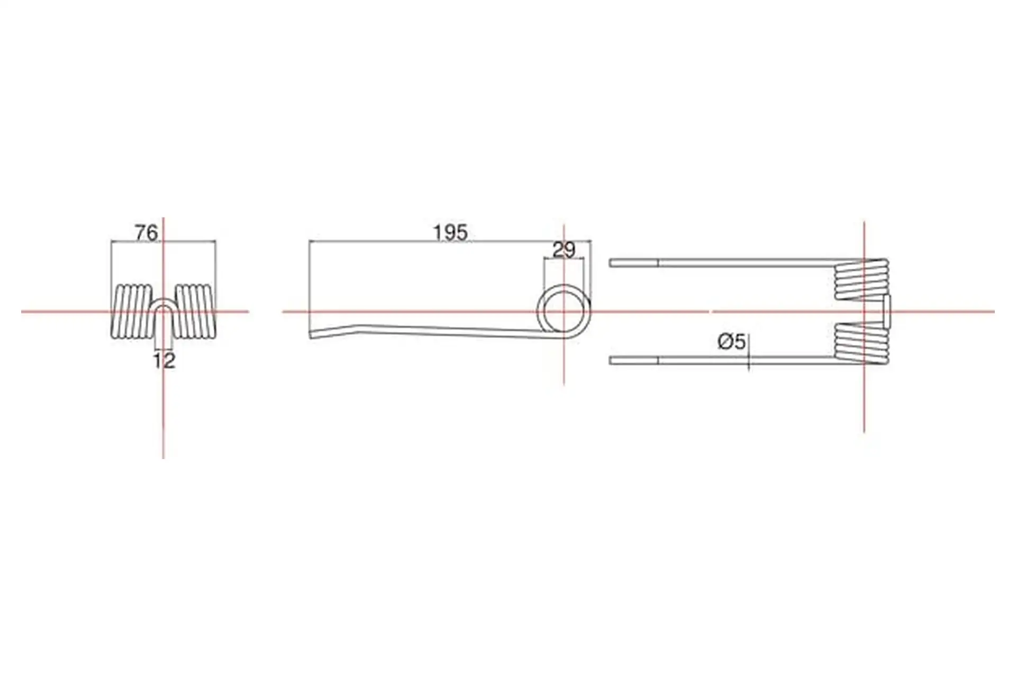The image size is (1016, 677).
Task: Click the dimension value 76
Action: point(147,233)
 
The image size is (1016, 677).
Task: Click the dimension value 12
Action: point(164,361)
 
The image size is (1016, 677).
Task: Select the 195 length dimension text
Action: point(450,233)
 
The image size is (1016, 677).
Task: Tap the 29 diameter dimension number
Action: point(564,250)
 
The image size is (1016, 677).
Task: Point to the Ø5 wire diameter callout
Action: point(732,342)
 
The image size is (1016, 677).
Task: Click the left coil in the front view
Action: point(132,312)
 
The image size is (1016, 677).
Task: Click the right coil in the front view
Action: point(195,312)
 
